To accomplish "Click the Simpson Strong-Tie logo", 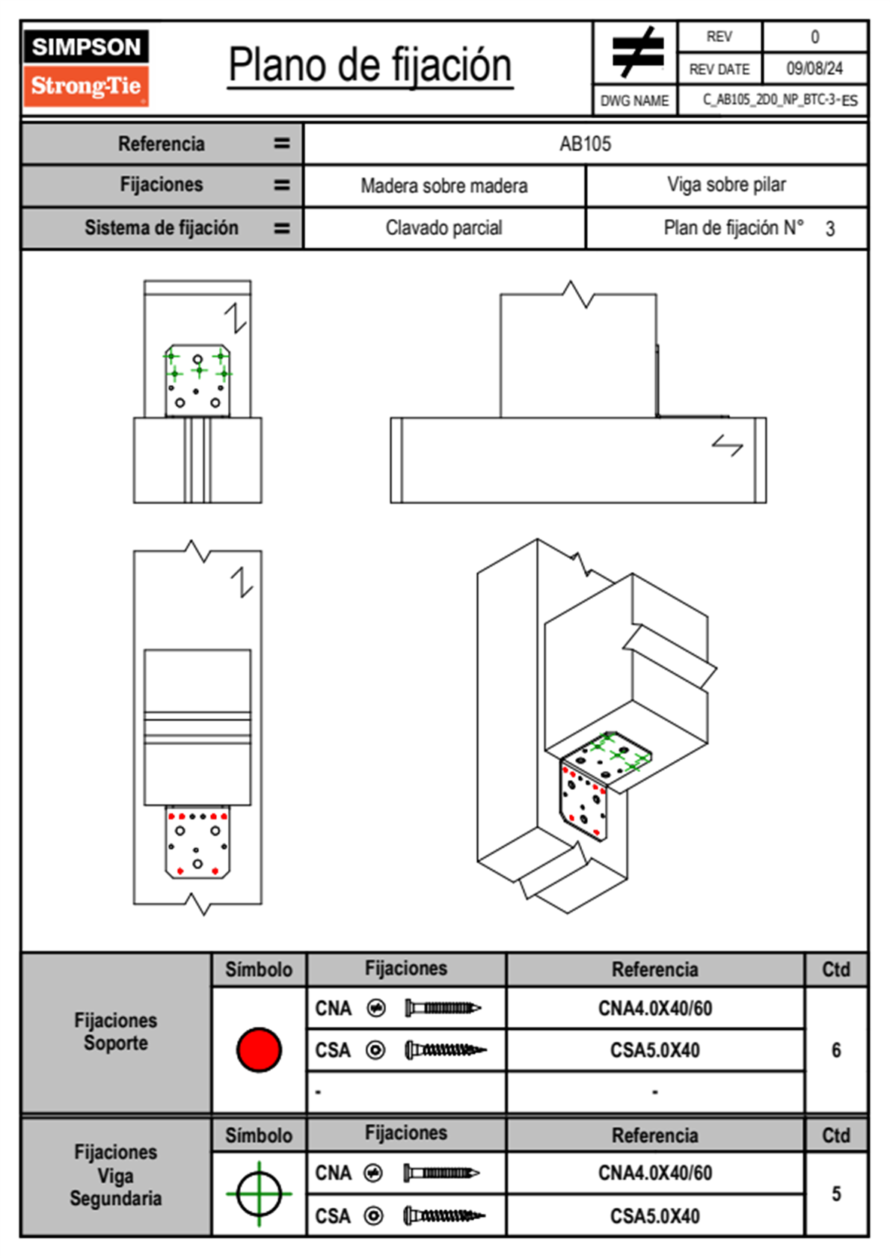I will point(86,67).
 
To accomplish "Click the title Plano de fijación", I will point(370,65).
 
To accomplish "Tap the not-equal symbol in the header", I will point(636,52).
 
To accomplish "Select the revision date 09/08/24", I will point(814,69).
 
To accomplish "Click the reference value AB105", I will point(585,144).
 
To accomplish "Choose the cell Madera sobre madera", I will point(444,185).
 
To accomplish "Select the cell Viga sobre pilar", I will point(726,185).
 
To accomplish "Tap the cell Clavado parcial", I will point(444,227).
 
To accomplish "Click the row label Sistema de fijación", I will point(161,227).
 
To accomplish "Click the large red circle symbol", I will point(259,1049).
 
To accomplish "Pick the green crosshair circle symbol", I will point(259,1194).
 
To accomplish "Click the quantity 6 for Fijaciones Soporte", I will point(835,1050).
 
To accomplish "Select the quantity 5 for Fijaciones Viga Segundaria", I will point(835,1194).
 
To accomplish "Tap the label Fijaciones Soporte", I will point(115,1031).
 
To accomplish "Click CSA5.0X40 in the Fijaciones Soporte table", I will point(654,1050).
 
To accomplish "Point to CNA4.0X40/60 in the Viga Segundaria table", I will point(654,1173).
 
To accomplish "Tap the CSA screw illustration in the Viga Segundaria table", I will point(444,1215).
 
